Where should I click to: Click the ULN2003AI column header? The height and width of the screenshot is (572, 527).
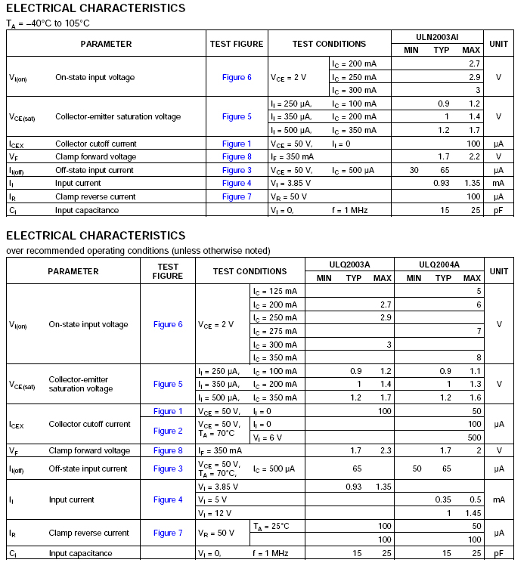click(x=437, y=37)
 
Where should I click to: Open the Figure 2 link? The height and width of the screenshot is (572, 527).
click(x=168, y=431)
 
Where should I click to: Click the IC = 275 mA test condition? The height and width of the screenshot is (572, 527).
click(x=274, y=331)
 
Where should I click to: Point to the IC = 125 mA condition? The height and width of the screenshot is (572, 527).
click(x=274, y=291)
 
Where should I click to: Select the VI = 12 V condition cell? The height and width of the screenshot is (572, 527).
click(x=216, y=513)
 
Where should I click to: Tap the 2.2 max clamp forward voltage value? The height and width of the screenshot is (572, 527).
click(x=474, y=157)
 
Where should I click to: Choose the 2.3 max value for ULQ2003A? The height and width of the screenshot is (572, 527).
click(x=383, y=451)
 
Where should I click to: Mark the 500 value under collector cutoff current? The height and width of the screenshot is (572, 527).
click(x=474, y=438)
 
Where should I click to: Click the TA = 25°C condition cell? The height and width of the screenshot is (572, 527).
click(x=271, y=526)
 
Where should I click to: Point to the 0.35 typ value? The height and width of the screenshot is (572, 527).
click(x=442, y=499)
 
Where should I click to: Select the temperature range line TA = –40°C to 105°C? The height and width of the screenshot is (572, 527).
click(x=48, y=23)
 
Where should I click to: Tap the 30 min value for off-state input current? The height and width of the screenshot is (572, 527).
click(x=414, y=170)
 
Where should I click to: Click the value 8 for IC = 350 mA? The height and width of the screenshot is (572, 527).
click(x=478, y=358)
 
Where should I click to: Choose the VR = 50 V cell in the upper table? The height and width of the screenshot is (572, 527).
click(x=288, y=196)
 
